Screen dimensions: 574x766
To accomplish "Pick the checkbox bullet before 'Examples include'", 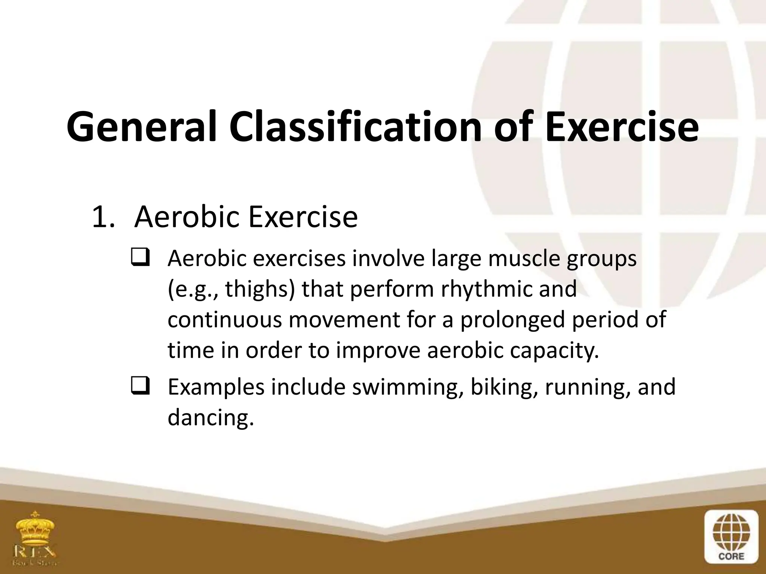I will coord(140,386).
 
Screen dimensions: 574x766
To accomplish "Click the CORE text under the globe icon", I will coord(731,556).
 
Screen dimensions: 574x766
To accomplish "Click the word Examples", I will coord(216,387).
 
